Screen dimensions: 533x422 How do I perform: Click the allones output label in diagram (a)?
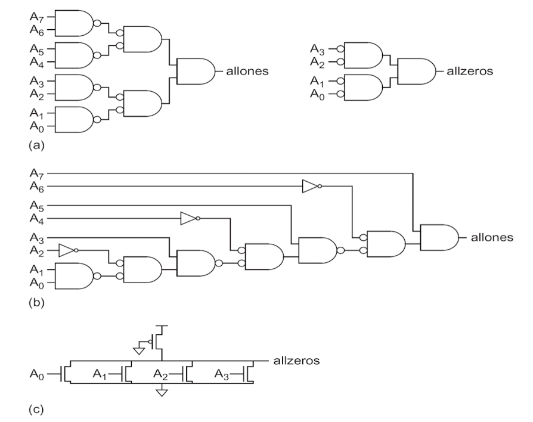(x=247, y=72)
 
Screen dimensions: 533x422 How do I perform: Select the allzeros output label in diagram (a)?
(x=469, y=72)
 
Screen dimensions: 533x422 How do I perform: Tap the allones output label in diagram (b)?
(x=491, y=237)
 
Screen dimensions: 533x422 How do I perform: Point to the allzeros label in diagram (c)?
(x=296, y=360)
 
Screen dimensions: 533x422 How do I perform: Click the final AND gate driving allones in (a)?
(x=196, y=72)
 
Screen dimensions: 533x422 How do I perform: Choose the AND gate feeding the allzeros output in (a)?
(x=416, y=72)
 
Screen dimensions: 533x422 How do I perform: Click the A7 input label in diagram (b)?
(x=37, y=173)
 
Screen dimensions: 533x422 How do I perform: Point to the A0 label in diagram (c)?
(x=37, y=375)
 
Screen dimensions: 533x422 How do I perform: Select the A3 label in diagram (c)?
(x=221, y=375)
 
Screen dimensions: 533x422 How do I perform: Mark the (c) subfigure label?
(x=36, y=409)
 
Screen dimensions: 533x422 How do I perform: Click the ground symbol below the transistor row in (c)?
(x=162, y=392)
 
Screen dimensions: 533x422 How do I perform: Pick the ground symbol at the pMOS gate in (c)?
(x=139, y=350)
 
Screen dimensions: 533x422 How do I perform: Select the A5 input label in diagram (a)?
(x=37, y=49)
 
